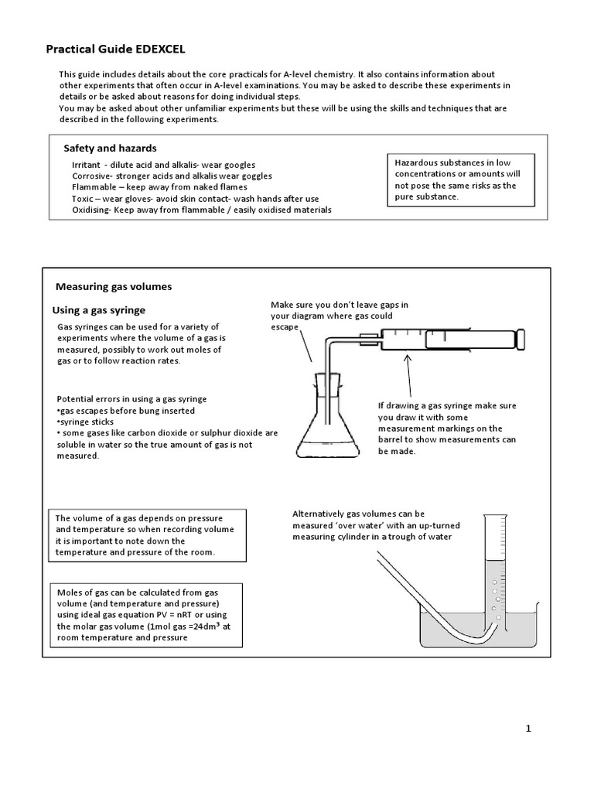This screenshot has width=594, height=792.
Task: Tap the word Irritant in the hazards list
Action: (86, 165)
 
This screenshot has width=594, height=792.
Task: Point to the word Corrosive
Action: (92, 176)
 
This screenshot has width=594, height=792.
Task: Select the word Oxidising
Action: (91, 210)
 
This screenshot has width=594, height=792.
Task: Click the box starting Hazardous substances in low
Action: (462, 180)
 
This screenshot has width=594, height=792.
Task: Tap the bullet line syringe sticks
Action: (87, 422)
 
